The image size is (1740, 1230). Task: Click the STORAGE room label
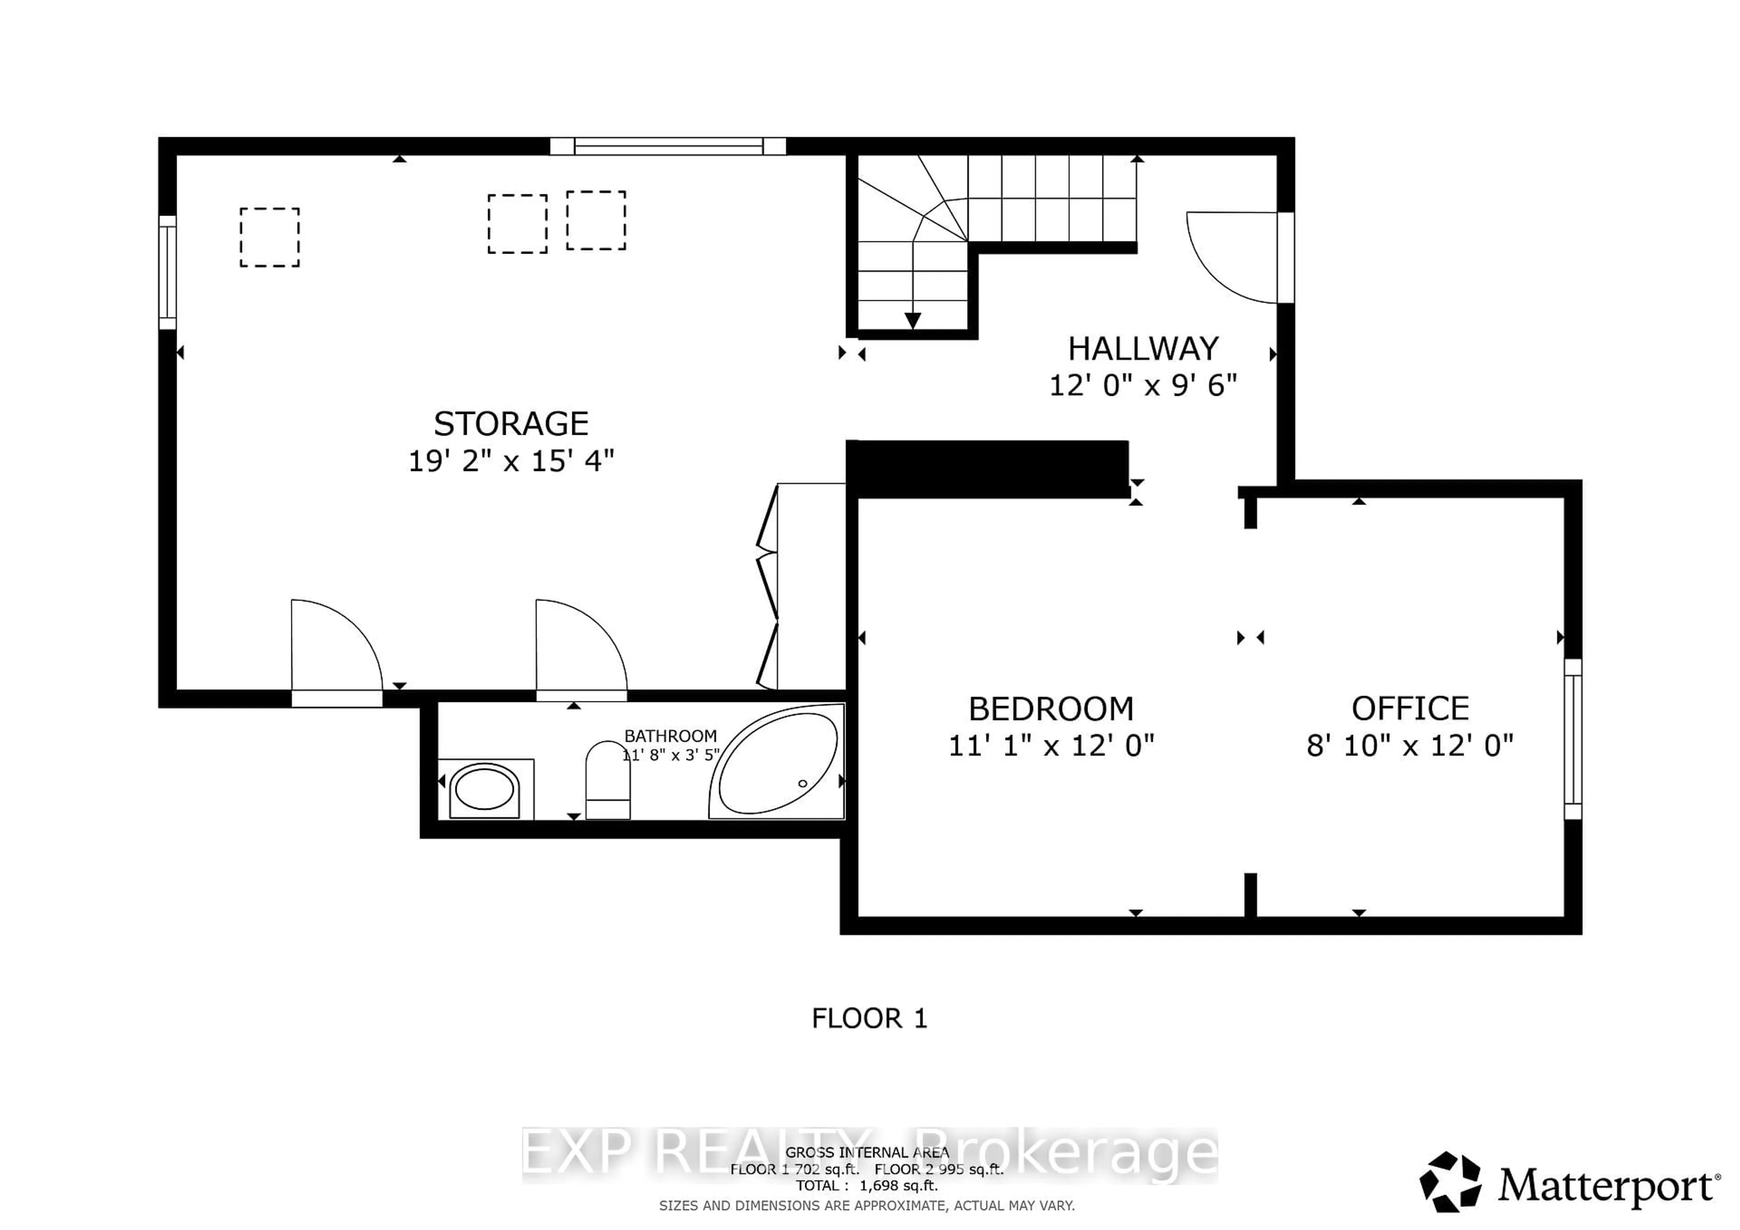pyautogui.click(x=511, y=423)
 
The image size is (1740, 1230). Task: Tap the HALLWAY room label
pyautogui.click(x=1143, y=349)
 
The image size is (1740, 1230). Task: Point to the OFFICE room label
pyautogui.click(x=1410, y=709)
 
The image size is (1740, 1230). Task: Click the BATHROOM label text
pyautogui.click(x=670, y=735)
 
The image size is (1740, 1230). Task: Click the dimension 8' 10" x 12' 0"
pyautogui.click(x=1410, y=746)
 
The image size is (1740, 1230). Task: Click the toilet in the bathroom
pyautogui.click(x=608, y=780)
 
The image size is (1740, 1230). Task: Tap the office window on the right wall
pyautogui.click(x=1572, y=739)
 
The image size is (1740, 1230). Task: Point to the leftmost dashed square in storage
pyautogui.click(x=270, y=237)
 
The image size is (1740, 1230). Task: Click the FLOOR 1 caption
pyautogui.click(x=869, y=1019)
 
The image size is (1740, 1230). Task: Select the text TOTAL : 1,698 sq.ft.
pyautogui.click(x=866, y=1185)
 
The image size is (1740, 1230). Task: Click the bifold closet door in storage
pyautogui.click(x=767, y=587)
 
